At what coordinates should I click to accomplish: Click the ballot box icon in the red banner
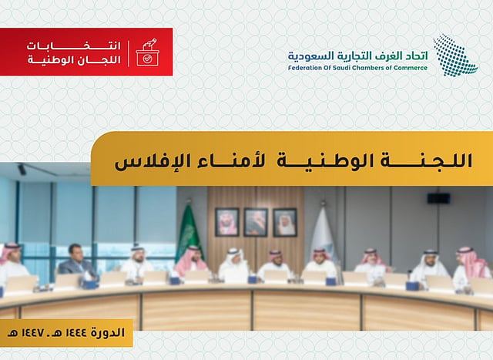[x=147, y=52]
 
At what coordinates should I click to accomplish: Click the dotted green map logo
[x=455, y=55]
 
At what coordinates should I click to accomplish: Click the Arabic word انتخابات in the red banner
[x=74, y=46]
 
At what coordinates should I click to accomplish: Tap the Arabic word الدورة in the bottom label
[x=108, y=333]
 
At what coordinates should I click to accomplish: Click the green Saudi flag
[x=189, y=233]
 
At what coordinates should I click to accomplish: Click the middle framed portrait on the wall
[x=256, y=222]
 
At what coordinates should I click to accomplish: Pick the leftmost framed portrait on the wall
[x=227, y=222]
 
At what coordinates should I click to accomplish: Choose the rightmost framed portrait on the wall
[x=285, y=222]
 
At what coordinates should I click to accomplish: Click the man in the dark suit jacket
[x=77, y=262]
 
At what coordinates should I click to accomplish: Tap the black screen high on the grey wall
[x=438, y=199]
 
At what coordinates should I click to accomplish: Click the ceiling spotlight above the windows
[x=22, y=169]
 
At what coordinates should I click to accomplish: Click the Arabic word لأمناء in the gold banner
[x=231, y=161]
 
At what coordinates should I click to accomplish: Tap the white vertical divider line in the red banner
[x=129, y=53]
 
